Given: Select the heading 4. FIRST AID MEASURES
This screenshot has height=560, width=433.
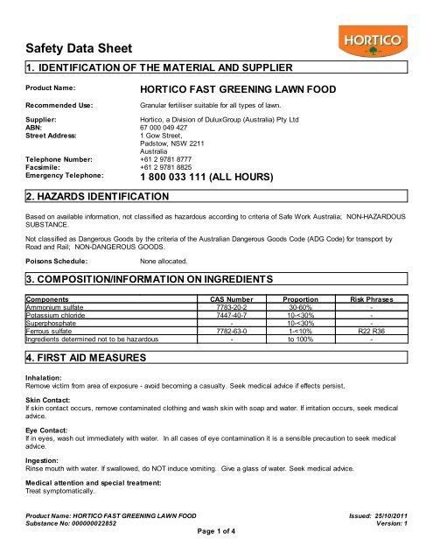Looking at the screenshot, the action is (83, 359).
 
